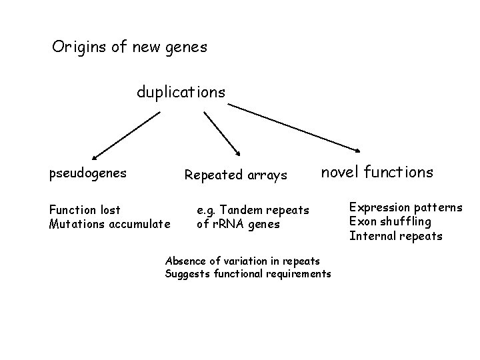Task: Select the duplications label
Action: click(181, 93)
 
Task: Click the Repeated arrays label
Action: click(235, 176)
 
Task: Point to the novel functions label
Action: click(377, 173)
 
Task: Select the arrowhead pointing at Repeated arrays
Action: click(237, 152)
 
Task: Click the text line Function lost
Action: click(85, 210)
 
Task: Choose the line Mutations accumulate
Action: click(110, 223)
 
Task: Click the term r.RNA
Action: click(231, 224)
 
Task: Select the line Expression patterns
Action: click(405, 207)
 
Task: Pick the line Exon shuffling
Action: click(390, 221)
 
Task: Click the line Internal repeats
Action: click(395, 236)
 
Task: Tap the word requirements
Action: click(297, 274)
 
